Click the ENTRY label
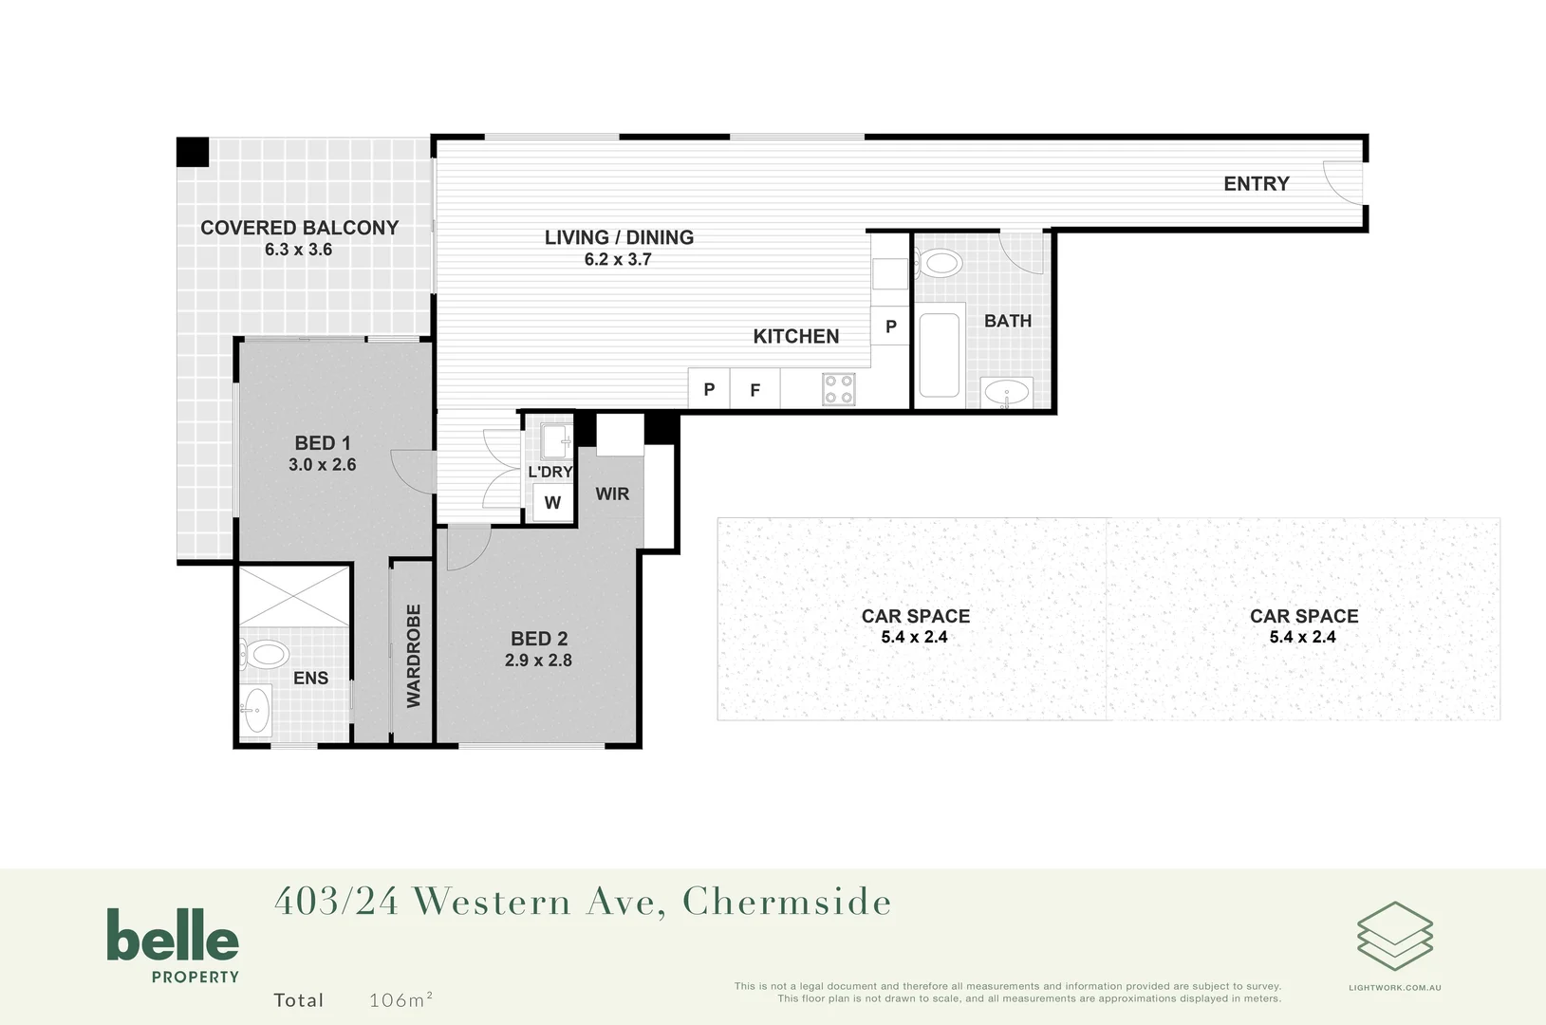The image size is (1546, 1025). pos(1256,184)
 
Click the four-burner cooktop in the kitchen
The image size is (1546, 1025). pos(838,389)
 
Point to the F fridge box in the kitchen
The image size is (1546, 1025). pos(755,390)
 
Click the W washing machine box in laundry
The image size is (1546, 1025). pos(552,503)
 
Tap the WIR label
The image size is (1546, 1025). pos(612,494)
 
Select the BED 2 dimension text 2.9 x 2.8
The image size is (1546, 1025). pos(538,661)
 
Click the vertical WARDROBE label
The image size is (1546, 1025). pos(413,656)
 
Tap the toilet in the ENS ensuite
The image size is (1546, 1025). pos(265,654)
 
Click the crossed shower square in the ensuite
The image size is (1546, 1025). pos(293,596)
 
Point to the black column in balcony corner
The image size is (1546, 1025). pos(193,152)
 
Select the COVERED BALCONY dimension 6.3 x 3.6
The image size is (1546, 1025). pos(298,250)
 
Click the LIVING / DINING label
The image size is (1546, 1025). pos(619,237)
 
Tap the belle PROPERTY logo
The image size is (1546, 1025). pos(173,945)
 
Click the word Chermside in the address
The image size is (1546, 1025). pos(787,902)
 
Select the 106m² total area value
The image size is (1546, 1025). pos(400,999)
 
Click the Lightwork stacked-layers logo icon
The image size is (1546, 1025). pos(1394,936)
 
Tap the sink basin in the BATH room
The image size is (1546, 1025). pos(1005,392)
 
